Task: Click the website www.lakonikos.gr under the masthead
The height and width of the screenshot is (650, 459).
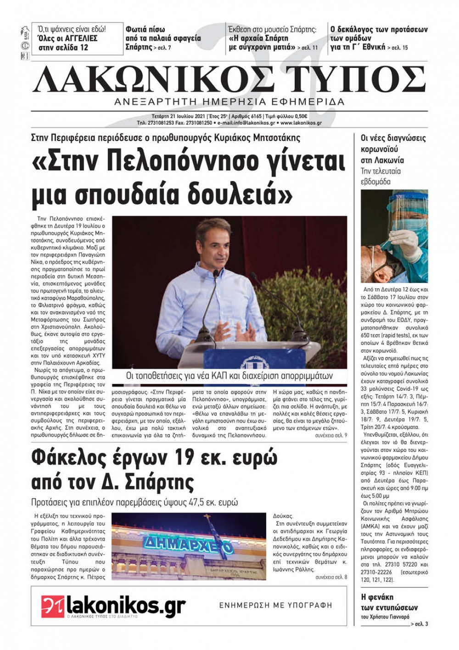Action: coord(301,123)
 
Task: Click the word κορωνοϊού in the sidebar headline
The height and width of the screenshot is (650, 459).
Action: coord(380,149)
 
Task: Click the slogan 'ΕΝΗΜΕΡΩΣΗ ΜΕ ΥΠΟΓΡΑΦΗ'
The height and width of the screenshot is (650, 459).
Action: coord(275,605)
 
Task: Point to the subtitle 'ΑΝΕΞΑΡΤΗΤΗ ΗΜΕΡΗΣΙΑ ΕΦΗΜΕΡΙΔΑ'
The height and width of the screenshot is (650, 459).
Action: coord(229,102)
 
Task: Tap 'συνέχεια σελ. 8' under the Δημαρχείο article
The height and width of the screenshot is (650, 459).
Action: coord(331,577)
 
